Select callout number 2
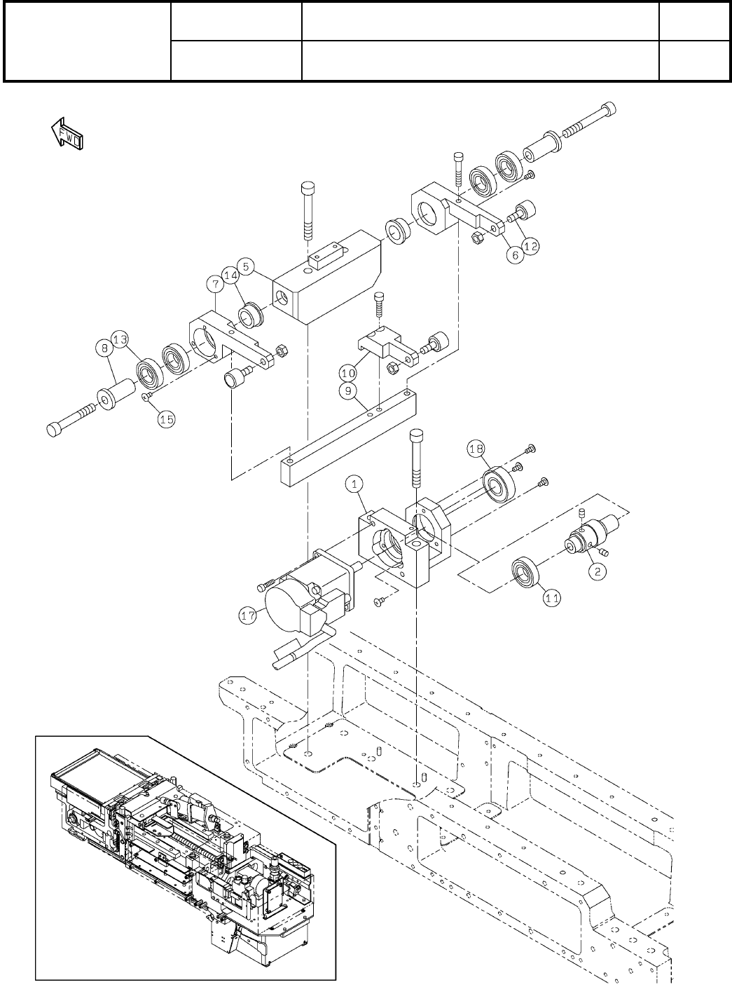[598, 572]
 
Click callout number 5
[244, 266]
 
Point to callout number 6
[515, 256]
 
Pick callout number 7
[215, 283]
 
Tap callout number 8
[104, 346]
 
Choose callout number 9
[348, 391]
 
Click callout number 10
[348, 373]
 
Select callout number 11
[553, 598]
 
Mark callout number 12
[532, 247]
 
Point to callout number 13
[120, 340]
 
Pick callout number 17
[247, 618]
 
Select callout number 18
[476, 449]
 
